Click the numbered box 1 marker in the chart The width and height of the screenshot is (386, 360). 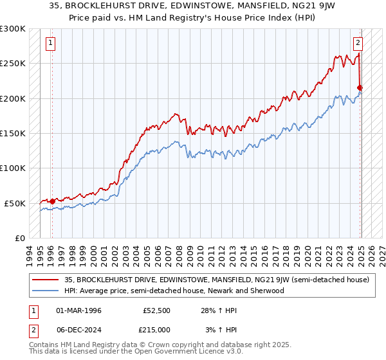click(51, 44)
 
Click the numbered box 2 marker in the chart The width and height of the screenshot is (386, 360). click(358, 44)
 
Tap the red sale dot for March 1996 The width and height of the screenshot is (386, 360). click(51, 201)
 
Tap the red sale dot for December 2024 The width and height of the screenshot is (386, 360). click(360, 88)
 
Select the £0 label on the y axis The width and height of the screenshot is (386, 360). click(19, 238)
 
